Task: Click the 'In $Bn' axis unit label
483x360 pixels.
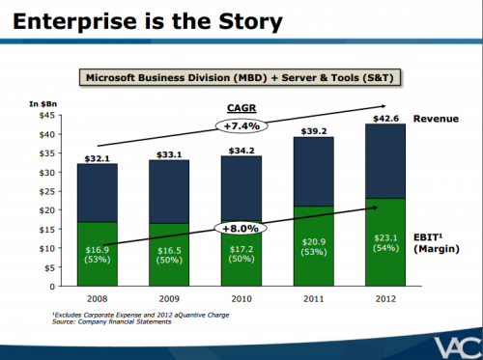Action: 45,103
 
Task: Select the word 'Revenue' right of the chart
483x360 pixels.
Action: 437,119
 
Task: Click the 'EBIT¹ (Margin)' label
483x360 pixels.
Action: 433,241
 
